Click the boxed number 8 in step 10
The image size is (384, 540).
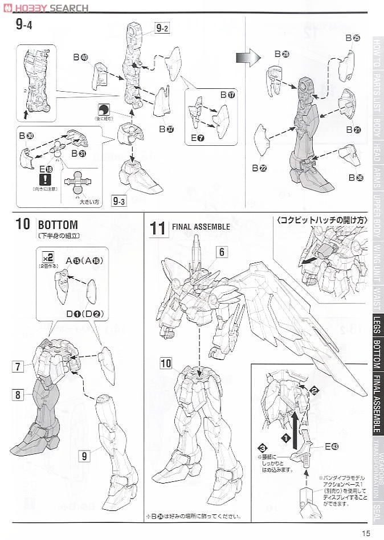pyautogui.click(x=18, y=394)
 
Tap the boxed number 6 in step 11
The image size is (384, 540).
pyautogui.click(x=222, y=252)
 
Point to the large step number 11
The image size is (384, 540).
pyautogui.click(x=157, y=228)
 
